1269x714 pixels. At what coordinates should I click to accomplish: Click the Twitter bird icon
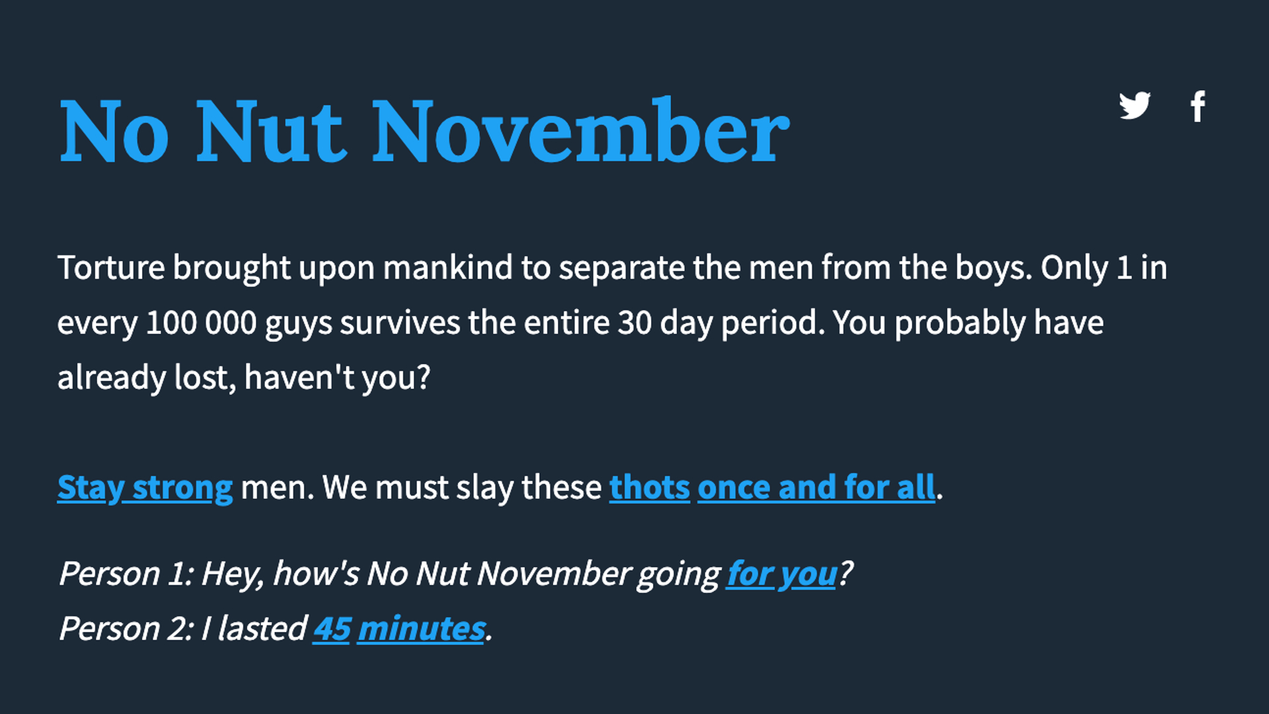1135,106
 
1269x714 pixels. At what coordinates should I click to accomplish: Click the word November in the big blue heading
580,132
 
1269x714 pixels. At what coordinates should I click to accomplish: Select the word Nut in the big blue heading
270,132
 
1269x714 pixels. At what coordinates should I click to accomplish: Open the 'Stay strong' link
145,488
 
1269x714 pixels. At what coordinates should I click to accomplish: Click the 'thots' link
649,488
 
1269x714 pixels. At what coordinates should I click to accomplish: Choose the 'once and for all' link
816,488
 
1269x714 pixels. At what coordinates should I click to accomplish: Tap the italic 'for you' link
781,574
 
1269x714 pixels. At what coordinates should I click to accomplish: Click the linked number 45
332,629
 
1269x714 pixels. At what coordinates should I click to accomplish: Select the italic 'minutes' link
422,629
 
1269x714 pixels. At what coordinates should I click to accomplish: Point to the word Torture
111,268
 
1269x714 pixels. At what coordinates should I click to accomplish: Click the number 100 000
201,323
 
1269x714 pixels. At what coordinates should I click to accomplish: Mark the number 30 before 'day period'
634,323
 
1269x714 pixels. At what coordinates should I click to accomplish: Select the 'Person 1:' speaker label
126,574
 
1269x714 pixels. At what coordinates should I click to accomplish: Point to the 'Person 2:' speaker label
126,629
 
